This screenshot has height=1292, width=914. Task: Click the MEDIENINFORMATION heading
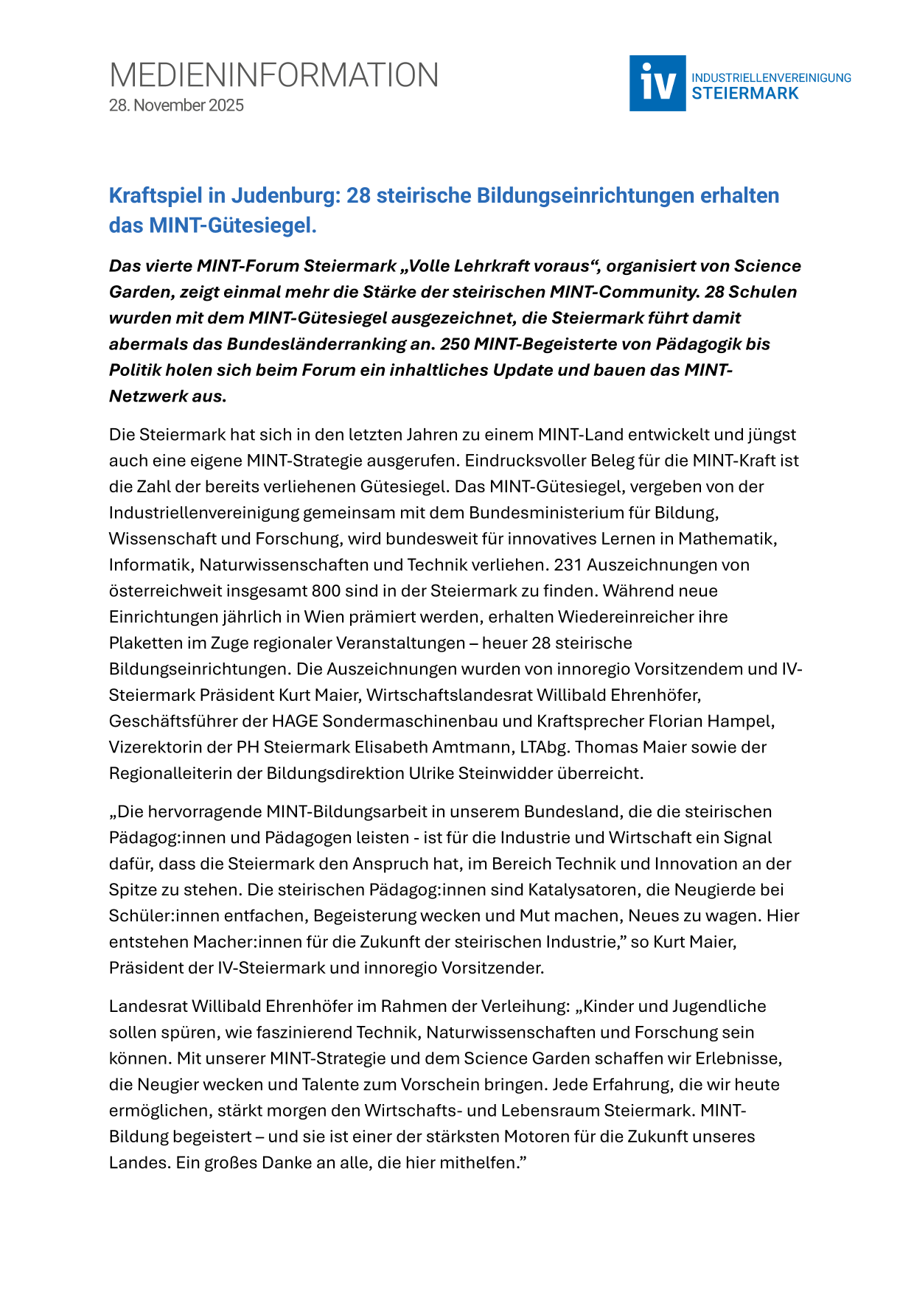tap(273, 75)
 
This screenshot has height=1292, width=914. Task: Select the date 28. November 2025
tap(176, 105)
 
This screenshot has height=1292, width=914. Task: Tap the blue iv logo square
tap(657, 83)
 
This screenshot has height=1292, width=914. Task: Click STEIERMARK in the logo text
tap(744, 94)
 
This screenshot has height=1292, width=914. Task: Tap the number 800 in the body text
tap(326, 591)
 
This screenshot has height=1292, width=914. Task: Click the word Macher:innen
tap(241, 942)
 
